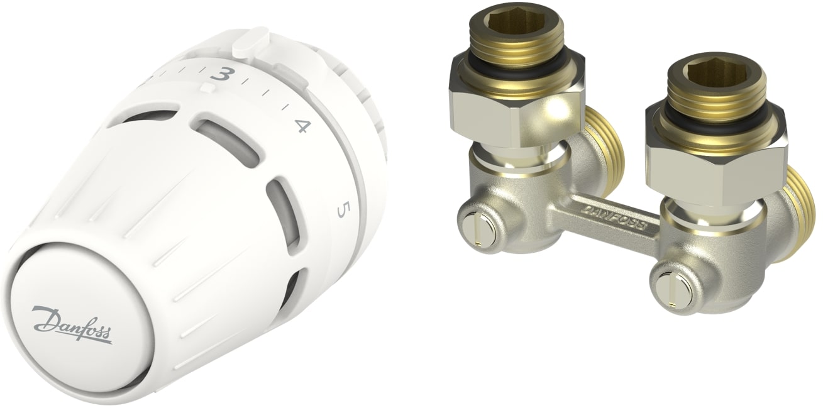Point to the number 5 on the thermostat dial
[x=341, y=211]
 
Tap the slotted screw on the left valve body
[x=478, y=231]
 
